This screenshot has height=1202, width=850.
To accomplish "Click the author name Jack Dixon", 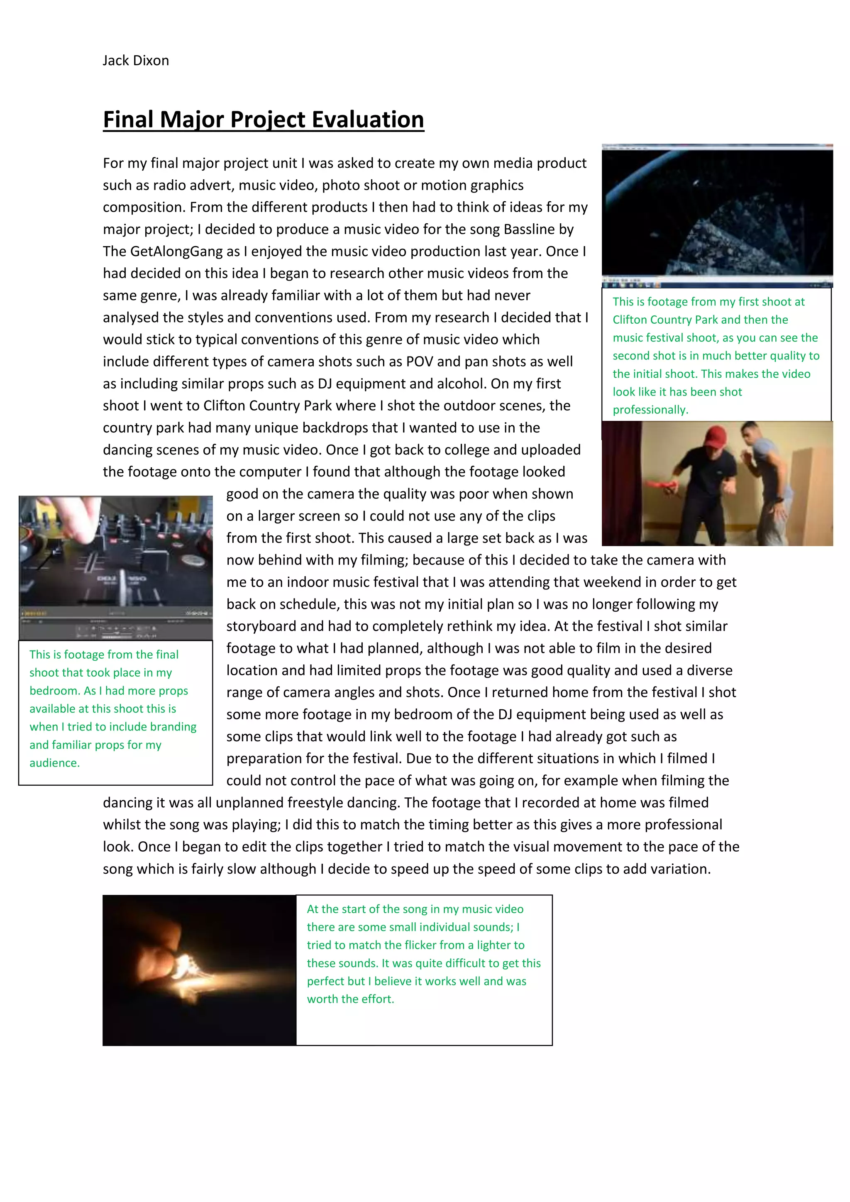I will click(136, 61).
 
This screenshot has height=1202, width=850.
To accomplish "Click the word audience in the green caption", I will click(54, 763).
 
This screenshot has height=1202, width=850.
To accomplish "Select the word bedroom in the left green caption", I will click(54, 691).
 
